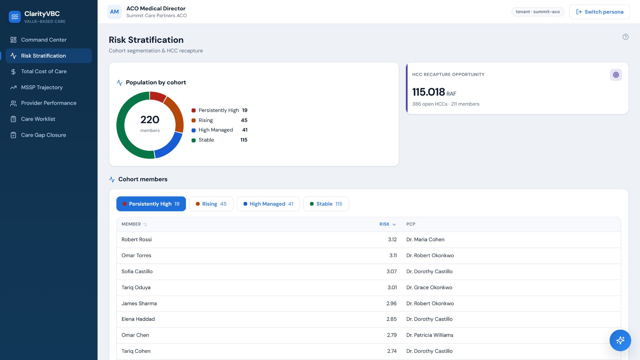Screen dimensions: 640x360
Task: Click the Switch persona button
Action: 599,12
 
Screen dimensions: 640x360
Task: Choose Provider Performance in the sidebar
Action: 49,103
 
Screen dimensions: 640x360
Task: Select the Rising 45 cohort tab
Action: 211,204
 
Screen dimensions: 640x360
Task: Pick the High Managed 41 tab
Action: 268,204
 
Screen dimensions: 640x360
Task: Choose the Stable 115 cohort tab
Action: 326,204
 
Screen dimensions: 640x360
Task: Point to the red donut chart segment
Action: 157,96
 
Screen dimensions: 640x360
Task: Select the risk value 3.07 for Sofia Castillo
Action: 392,272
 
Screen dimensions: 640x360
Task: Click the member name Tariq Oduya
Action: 136,287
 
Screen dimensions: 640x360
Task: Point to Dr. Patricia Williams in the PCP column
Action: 430,335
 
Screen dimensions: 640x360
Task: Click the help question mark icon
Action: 625,37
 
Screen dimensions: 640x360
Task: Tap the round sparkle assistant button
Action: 620,340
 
